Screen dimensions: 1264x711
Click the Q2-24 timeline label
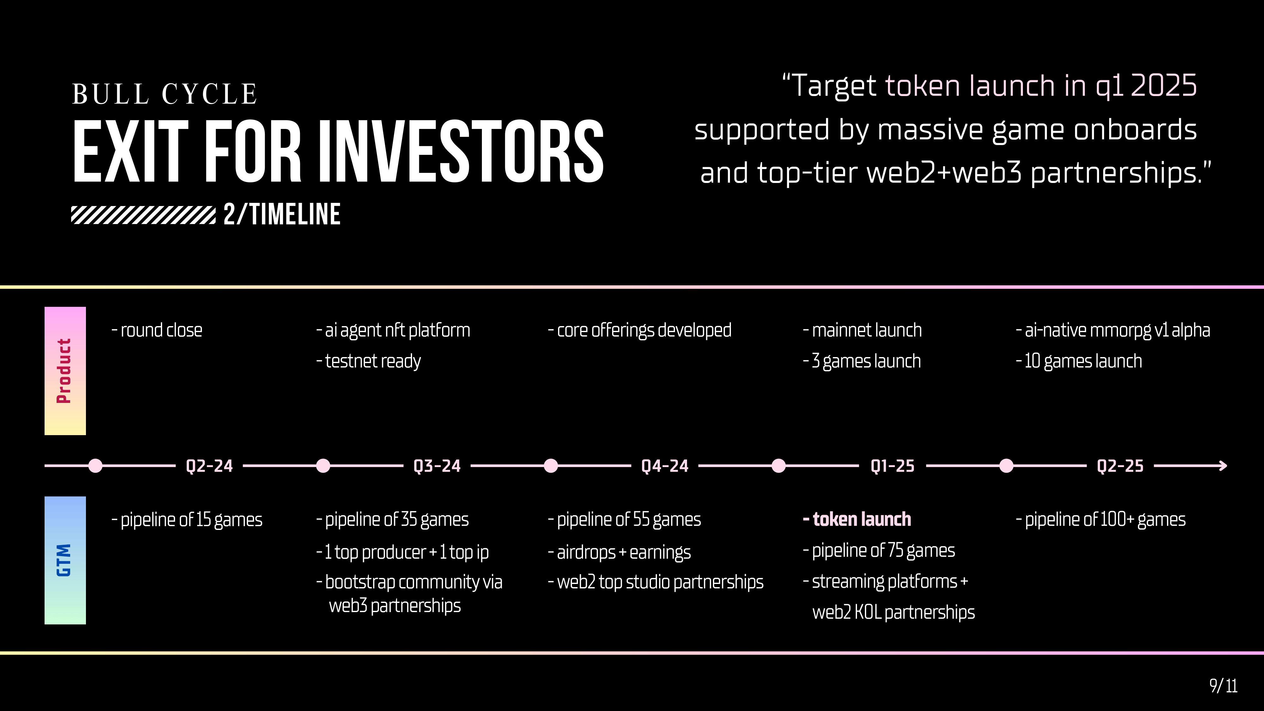pos(210,466)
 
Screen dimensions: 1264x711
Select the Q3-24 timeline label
pos(437,466)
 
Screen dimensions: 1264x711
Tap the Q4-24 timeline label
pos(665,466)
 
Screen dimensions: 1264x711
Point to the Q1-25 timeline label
pos(893,466)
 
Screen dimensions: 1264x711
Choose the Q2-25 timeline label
pos(1120,466)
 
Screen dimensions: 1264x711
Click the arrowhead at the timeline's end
pos(1223,466)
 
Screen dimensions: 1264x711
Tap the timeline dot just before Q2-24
pos(96,466)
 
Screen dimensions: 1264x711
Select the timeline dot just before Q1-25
pos(779,466)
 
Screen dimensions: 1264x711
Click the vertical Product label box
pos(65,371)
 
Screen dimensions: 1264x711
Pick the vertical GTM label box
pos(65,560)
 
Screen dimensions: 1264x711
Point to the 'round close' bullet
pos(157,330)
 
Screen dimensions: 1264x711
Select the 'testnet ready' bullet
pos(368,361)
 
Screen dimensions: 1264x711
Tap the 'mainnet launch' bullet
pos(862,330)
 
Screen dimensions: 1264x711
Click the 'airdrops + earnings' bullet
pos(619,552)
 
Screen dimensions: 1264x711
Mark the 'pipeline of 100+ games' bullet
pos(1101,520)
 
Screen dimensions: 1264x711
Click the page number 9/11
pos(1223,685)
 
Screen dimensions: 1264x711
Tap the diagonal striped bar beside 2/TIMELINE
pos(143,215)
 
